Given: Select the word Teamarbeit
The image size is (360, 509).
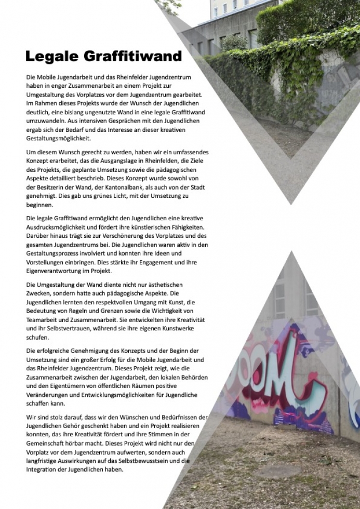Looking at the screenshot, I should (45, 314).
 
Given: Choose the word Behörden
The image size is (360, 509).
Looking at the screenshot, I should (191, 377).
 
